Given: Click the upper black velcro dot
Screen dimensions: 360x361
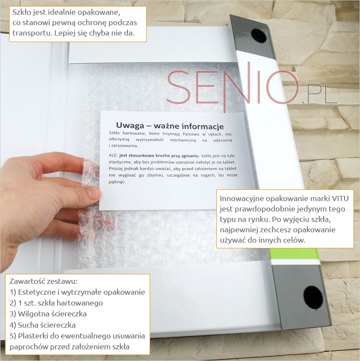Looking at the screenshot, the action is tap(259, 36).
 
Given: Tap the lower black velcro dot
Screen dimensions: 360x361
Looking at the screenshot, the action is tap(313, 297).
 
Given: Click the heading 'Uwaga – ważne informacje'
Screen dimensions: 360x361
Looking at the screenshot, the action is tap(170, 126).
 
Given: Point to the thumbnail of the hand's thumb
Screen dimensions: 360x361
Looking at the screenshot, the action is tap(93, 193).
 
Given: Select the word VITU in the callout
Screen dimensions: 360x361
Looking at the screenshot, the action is tap(340, 198).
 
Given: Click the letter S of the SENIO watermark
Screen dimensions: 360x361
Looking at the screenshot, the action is tap(178, 87).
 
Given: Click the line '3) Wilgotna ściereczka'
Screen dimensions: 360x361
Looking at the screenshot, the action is tap(48, 314).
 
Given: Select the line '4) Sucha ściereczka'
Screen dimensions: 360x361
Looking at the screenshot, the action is tap(43, 325).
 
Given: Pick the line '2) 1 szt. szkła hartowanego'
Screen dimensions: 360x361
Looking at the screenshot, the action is tap(56, 303).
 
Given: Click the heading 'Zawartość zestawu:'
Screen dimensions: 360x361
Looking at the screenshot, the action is tap(43, 281).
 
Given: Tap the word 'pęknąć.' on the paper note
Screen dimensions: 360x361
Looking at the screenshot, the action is tap(117, 182).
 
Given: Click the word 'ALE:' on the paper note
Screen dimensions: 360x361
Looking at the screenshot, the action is tap(113, 156).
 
